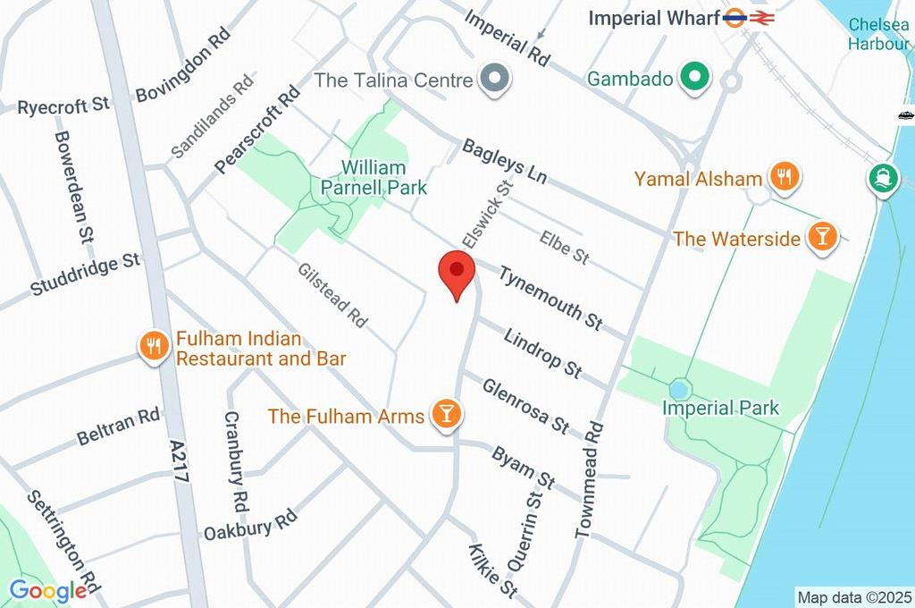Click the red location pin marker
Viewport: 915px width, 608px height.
(x=457, y=271)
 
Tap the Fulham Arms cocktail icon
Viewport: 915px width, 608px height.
(x=444, y=413)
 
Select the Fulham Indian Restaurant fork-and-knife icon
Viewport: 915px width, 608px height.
(x=154, y=346)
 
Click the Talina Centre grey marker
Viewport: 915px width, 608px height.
(x=493, y=80)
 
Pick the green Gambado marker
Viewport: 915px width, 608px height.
(x=692, y=78)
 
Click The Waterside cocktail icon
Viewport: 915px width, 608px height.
(x=821, y=237)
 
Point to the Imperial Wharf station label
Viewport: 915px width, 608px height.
(x=654, y=18)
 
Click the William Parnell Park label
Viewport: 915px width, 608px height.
(x=374, y=177)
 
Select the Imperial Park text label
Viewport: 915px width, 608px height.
(x=720, y=409)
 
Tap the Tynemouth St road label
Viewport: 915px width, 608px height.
(x=550, y=297)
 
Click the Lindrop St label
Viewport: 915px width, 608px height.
(x=542, y=352)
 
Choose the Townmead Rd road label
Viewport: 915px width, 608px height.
(x=590, y=479)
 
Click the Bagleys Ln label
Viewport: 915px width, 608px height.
(x=504, y=161)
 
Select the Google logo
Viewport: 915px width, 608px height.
(x=47, y=591)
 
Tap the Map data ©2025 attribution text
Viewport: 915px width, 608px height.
(x=853, y=596)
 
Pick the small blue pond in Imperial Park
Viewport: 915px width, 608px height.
(x=679, y=390)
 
